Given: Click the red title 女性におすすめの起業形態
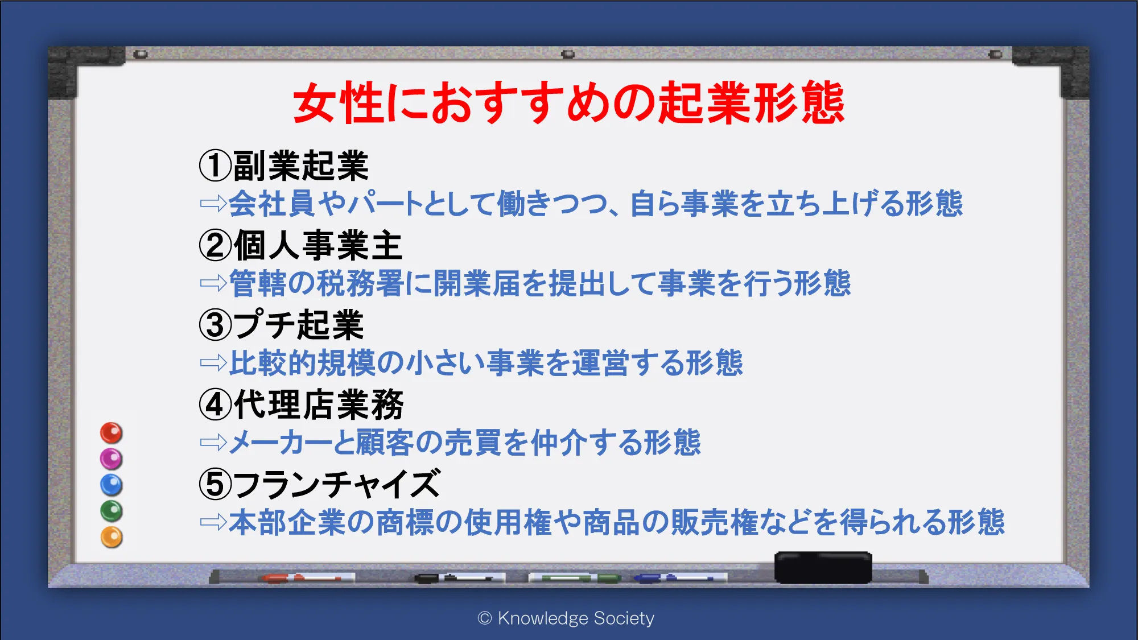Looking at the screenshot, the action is point(568,102).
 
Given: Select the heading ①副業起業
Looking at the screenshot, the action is point(284,166).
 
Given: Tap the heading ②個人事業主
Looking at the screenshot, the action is point(300,245).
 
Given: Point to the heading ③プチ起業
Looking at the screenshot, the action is point(281,325).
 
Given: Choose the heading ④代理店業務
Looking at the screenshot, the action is point(301,404).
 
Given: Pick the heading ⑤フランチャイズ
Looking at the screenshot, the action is point(320,484).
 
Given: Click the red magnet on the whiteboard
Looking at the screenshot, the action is point(112,433).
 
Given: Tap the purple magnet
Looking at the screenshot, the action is point(112,459).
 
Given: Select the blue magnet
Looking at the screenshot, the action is point(112,485).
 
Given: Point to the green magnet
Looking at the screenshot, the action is point(112,511).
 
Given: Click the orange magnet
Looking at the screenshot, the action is point(112,537).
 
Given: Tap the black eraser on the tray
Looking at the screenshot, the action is point(823,567).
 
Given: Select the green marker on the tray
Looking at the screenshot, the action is point(575,578).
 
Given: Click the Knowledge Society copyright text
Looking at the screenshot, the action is point(566,618).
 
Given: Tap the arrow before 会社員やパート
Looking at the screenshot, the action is point(213,203).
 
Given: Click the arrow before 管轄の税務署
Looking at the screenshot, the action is point(213,283).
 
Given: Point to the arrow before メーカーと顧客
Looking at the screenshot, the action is point(213,442).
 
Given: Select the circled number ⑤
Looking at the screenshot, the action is point(215,485).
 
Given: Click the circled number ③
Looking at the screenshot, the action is point(215,325).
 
